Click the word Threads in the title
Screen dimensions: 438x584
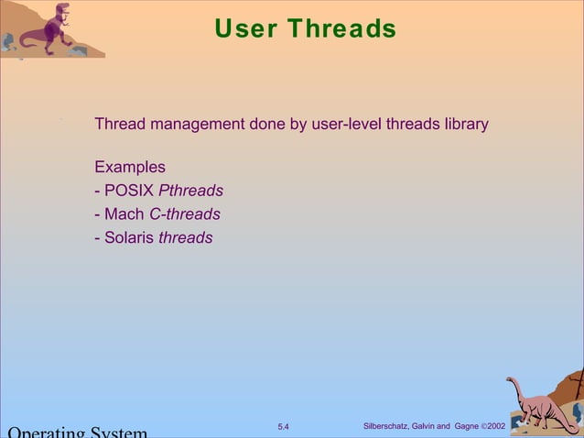(x=341, y=29)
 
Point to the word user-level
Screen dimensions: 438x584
(x=346, y=124)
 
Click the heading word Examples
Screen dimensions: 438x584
(x=130, y=168)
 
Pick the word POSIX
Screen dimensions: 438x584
(x=129, y=192)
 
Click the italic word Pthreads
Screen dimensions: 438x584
(x=191, y=192)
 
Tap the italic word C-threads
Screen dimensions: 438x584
(x=185, y=214)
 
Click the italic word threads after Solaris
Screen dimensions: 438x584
(x=186, y=238)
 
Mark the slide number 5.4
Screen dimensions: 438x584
(x=283, y=427)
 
